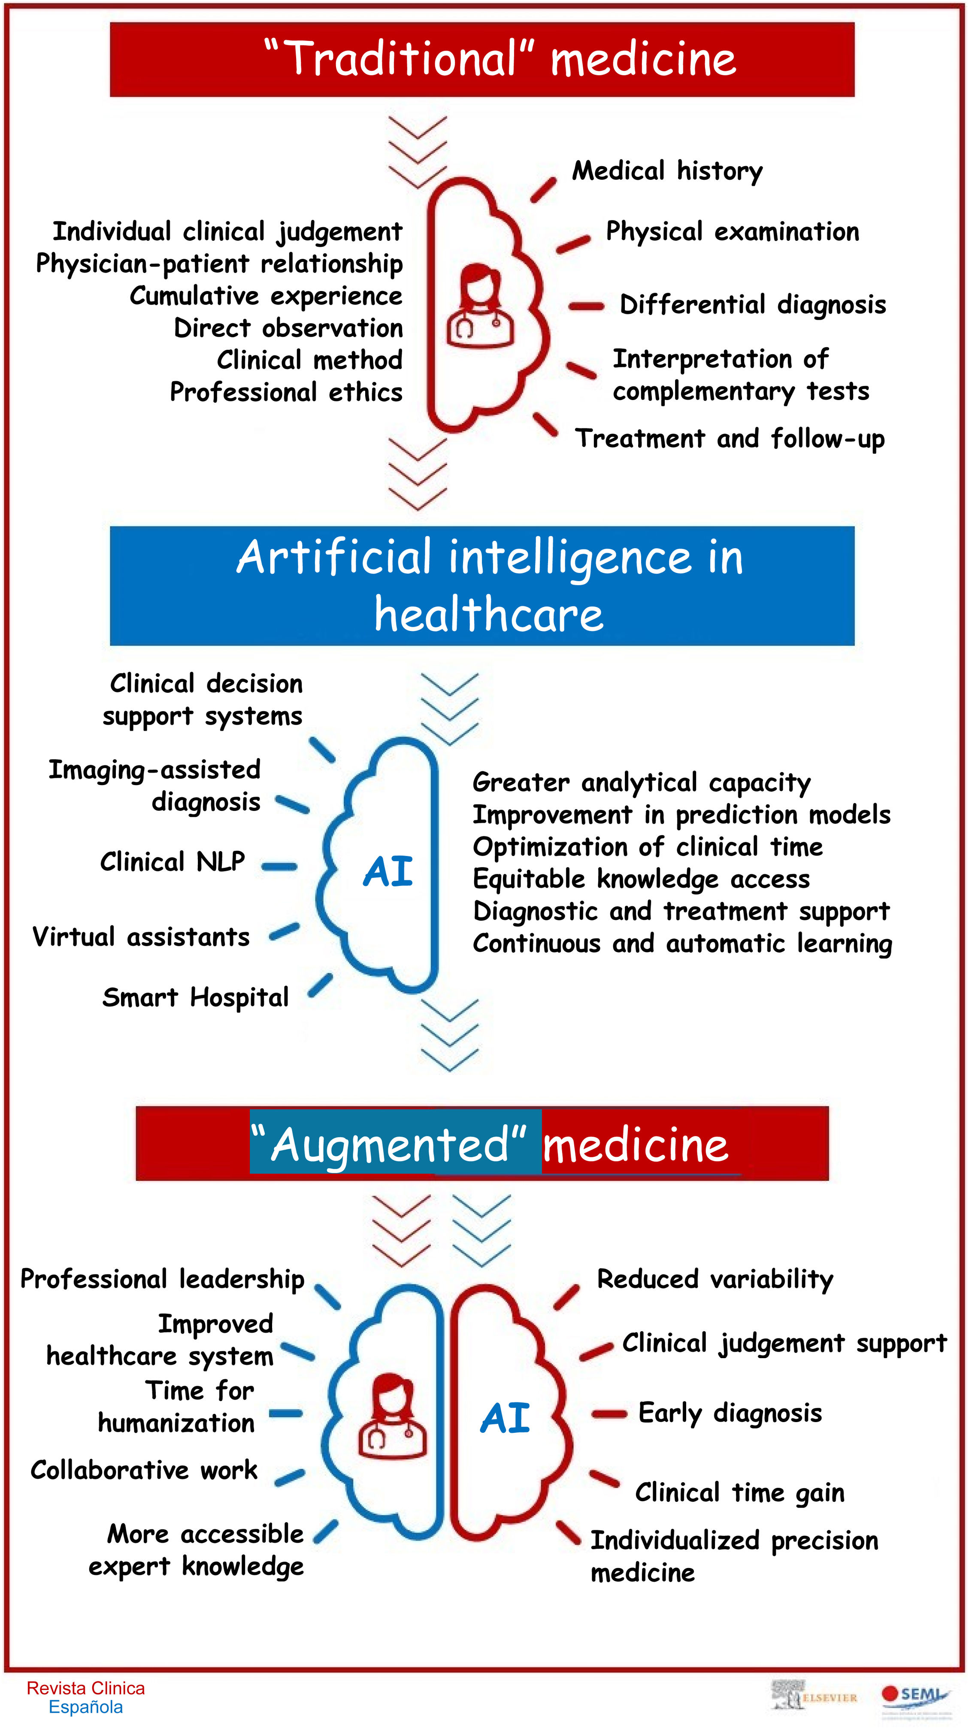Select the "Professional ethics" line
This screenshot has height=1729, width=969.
[x=286, y=392]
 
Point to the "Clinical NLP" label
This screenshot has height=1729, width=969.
[x=173, y=861]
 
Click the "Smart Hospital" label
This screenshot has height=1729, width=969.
[x=195, y=998]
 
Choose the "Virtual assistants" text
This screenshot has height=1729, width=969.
[x=141, y=936]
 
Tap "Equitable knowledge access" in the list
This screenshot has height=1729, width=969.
[x=641, y=879]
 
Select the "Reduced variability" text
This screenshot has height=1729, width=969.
[x=715, y=1279]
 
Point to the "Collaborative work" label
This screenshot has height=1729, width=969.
[x=144, y=1470]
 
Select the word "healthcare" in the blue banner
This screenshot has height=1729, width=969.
[x=488, y=614]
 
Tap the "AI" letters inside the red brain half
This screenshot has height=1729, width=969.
[x=505, y=1418]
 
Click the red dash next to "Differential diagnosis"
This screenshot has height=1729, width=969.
[x=587, y=306]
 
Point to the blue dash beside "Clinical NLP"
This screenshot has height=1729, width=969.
[x=279, y=867]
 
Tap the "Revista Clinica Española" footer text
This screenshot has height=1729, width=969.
[x=85, y=1698]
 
